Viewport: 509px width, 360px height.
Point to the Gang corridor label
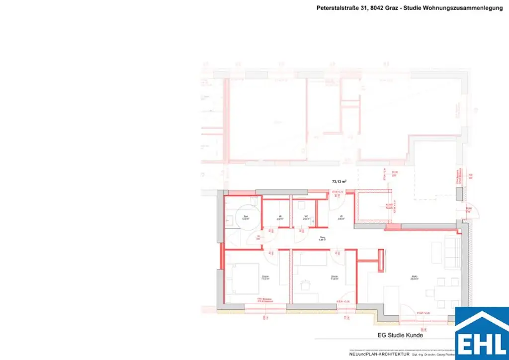pyautogui.click(x=322, y=238)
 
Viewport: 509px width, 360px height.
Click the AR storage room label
pyautogui.click(x=280, y=217)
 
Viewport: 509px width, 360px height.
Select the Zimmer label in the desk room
pyautogui.click(x=335, y=277)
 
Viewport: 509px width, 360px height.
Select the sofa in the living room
pyautogui.click(x=452, y=252)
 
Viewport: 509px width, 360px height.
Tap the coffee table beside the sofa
pyautogui.click(x=436, y=253)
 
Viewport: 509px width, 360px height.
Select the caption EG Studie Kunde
pyautogui.click(x=399, y=335)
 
